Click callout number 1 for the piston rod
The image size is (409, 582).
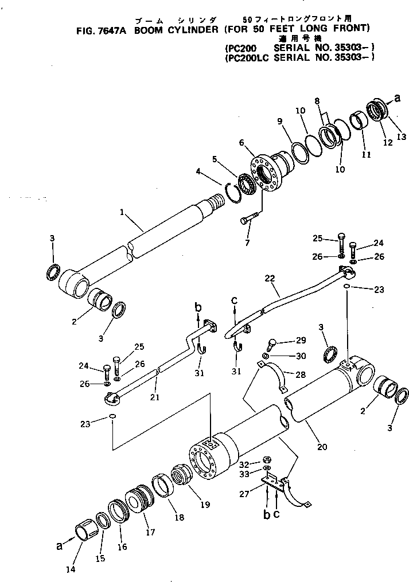122,213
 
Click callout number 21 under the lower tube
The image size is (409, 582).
154,397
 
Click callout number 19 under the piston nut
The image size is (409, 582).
205,505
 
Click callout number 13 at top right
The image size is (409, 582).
400,136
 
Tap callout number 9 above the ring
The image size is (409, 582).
280,122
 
